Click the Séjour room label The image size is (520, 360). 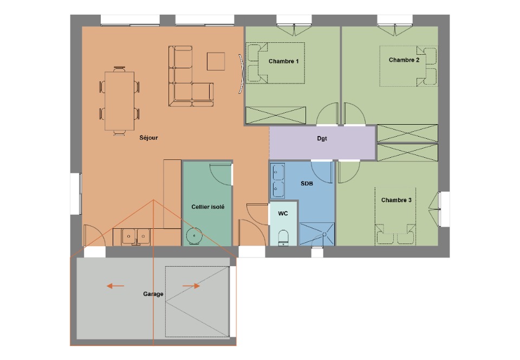148,138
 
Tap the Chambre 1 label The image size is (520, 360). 283,61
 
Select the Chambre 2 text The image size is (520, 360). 404,60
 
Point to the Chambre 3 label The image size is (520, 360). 396,200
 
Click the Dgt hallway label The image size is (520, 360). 322,138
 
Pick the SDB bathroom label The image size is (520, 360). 307,183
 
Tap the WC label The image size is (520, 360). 283,214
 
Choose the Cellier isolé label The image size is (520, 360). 208,207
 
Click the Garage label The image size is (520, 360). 153,294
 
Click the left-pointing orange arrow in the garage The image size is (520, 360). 115,286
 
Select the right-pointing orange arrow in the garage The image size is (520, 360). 191,286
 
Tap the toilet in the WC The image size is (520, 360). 283,237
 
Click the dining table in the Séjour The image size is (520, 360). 119,101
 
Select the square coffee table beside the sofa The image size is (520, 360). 216,61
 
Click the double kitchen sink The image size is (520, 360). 136,236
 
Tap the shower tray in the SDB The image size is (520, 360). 317,234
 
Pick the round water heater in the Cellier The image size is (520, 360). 194,236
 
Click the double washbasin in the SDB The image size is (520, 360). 277,181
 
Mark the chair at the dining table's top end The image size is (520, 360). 119,69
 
